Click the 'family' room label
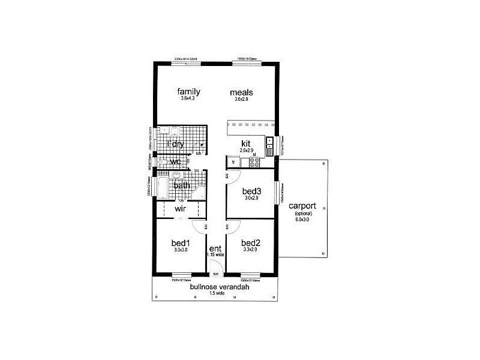tap(188, 92)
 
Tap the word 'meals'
tap(242, 92)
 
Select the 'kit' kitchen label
tap(246, 143)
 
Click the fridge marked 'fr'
tap(233, 161)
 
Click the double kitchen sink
tap(270, 143)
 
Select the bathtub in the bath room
tap(161, 186)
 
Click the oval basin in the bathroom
tap(176, 176)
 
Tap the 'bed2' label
tap(250, 243)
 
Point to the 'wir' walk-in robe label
tap(181, 209)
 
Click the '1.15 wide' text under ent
tap(215, 254)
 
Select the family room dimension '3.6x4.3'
tap(188, 98)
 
